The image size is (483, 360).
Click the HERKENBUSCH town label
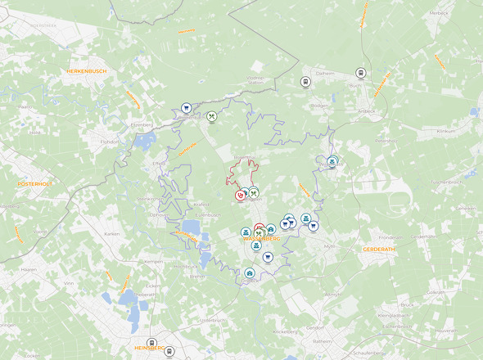tap(88, 72)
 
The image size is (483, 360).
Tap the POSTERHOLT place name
tap(34, 184)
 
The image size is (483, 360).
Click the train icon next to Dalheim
tap(305, 81)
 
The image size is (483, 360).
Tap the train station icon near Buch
tap(360, 73)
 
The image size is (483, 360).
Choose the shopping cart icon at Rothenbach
tap(186, 107)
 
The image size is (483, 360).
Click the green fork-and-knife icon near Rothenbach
tap(211, 116)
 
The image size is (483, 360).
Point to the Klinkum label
tap(445, 131)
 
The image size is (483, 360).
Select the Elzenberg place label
tap(142, 124)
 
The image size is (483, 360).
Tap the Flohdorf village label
tap(110, 141)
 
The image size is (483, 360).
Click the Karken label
tap(112, 233)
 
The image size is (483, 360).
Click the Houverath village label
tap(445, 331)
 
